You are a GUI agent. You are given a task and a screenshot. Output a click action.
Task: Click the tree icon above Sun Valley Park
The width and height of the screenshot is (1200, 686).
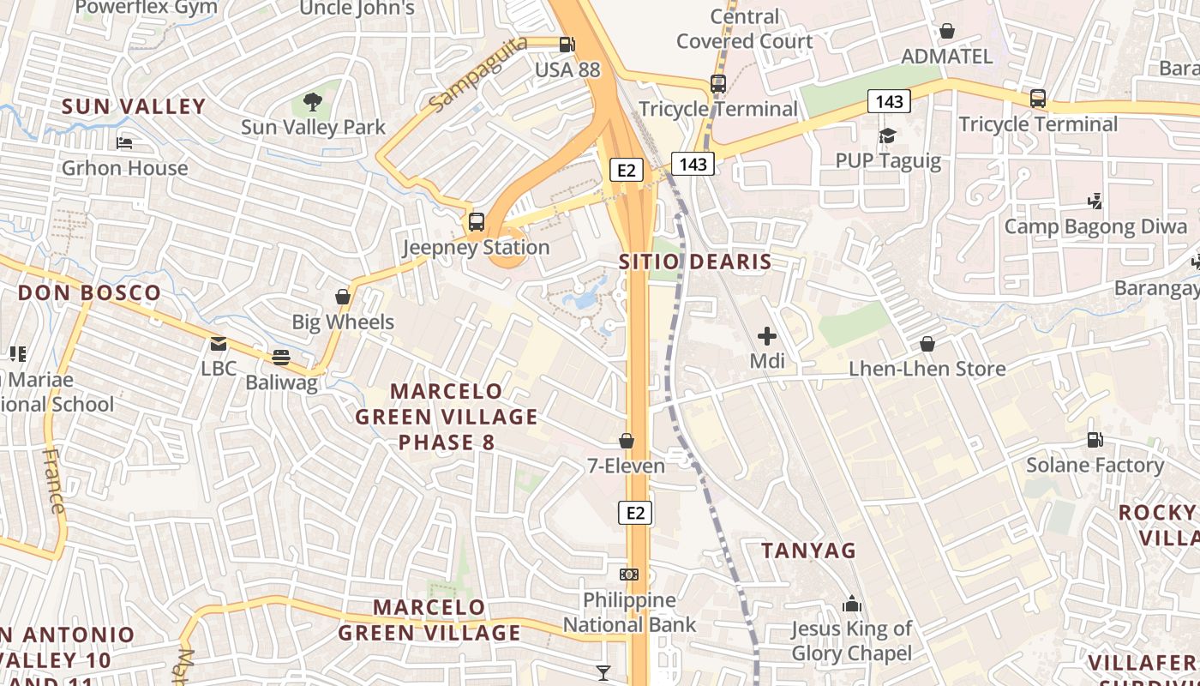coord(313,102)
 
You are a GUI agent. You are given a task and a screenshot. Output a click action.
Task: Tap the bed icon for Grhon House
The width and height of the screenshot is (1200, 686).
coord(124,142)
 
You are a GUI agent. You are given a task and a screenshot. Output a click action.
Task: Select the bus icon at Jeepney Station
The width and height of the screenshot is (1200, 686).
coord(477,222)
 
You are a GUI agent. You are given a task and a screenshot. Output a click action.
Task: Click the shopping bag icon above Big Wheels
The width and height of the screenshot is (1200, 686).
coord(343,297)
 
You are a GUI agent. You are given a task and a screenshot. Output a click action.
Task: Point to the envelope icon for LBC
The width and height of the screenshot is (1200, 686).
coord(219,344)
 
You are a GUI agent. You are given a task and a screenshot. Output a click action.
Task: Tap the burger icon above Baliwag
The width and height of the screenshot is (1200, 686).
coord(281,357)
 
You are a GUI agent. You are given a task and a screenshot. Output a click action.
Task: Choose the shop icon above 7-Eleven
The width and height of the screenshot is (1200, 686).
coord(627,441)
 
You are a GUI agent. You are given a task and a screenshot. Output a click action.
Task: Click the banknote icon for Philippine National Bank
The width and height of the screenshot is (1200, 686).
coord(629,574)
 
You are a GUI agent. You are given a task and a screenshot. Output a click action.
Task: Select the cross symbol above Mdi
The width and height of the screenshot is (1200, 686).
coord(767,335)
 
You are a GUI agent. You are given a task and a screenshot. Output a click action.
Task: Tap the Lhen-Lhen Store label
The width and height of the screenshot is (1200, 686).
coord(927,369)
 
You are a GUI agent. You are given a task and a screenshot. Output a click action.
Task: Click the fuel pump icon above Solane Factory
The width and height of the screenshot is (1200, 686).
coord(1095,440)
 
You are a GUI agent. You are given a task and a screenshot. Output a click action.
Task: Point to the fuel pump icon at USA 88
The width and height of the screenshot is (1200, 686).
coord(567,45)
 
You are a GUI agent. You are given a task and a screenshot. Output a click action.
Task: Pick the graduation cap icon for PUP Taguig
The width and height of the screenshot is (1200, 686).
coord(887,135)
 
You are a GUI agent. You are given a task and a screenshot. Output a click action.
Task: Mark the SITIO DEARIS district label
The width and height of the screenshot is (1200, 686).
coord(695,262)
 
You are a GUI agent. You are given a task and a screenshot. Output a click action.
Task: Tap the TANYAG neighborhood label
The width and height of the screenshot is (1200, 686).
coord(808,551)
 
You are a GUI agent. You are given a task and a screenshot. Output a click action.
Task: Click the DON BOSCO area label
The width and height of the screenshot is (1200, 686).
coord(89,292)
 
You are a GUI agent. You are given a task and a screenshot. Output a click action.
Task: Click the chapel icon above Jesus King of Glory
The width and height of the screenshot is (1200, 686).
coord(851,604)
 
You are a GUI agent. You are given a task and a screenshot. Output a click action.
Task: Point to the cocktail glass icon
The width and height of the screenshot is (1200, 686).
coord(603,673)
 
